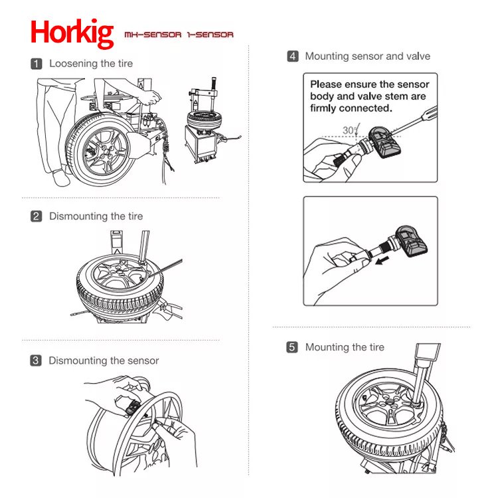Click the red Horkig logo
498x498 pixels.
pyautogui.click(x=72, y=33)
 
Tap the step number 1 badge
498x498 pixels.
pyautogui.click(x=37, y=64)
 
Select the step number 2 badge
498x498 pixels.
pyautogui.click(x=37, y=216)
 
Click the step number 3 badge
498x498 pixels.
pyautogui.click(x=37, y=361)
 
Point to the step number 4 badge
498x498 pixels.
pyautogui.click(x=293, y=56)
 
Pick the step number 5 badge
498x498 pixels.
pyautogui.click(x=292, y=347)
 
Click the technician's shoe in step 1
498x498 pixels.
pyautogui.click(x=61, y=178)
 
